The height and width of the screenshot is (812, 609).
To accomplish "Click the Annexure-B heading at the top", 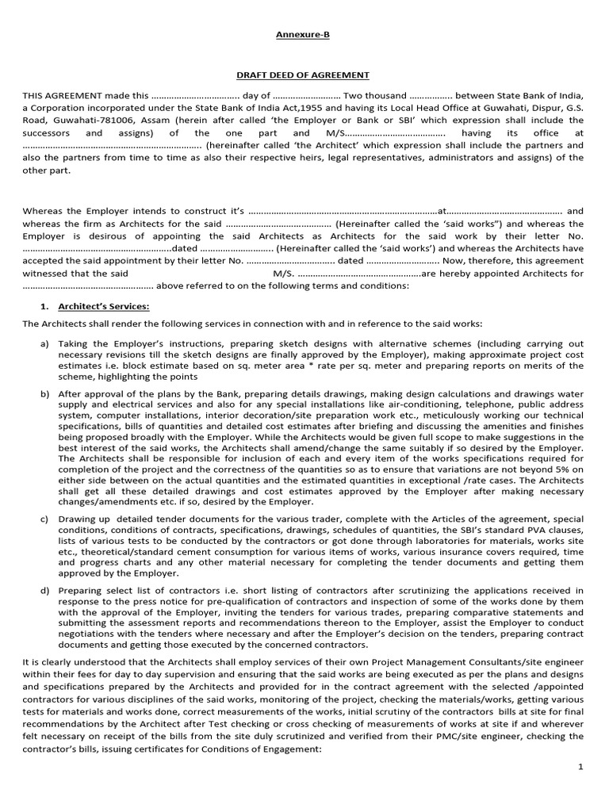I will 304,34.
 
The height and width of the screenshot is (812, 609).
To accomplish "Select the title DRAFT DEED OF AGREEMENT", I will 304,75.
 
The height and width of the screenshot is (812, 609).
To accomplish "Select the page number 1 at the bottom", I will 580,767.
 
